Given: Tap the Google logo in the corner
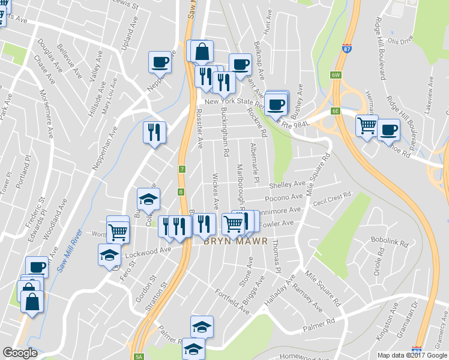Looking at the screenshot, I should (20, 353).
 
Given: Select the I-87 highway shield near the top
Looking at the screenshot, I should (347, 49).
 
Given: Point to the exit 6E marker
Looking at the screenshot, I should (336, 111).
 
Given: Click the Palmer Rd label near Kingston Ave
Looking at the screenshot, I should (318, 325).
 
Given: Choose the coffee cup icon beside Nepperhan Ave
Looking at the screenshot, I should (160, 61).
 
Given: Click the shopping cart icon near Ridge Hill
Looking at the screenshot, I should (367, 125).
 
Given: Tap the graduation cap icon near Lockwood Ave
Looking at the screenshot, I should (109, 254).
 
